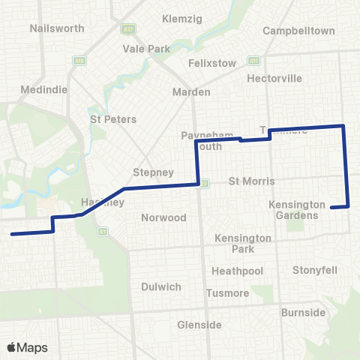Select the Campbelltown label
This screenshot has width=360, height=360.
(298, 31)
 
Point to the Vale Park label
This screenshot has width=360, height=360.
(146, 48)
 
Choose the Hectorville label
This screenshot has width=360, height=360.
(277, 78)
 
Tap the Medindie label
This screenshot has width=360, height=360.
(49, 88)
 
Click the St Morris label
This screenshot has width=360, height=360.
(252, 181)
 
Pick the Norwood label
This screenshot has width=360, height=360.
(163, 217)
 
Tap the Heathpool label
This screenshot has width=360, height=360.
(237, 270)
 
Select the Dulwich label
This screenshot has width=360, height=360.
(160, 286)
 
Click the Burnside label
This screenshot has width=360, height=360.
(303, 312)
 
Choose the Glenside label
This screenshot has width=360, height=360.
(199, 325)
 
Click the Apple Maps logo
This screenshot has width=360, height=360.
(27, 347)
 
